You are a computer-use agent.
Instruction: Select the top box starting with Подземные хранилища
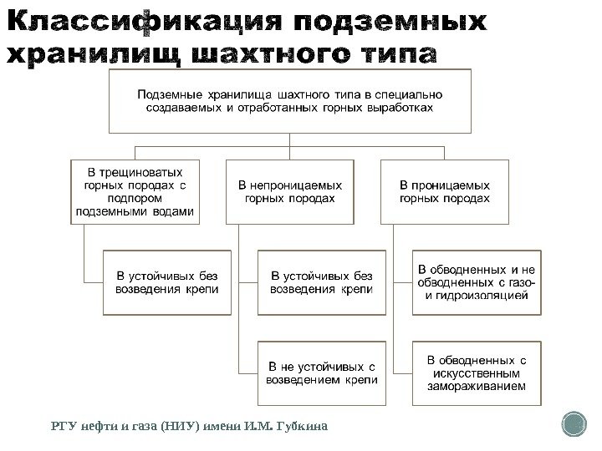pyautogui.click(x=290, y=101)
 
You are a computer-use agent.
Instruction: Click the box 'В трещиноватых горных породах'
pyautogui.click(x=134, y=190)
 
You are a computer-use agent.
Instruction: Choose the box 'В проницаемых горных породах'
pyautogui.click(x=444, y=191)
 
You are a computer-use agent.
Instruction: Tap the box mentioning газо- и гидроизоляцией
pyautogui.click(x=476, y=282)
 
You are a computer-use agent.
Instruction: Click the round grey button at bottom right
pyautogui.click(x=575, y=425)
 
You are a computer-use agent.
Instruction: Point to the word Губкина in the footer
pyautogui.click(x=301, y=427)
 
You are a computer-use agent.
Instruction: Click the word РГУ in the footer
pyautogui.click(x=64, y=427)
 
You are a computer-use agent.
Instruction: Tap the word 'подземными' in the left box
pyautogui.click(x=112, y=212)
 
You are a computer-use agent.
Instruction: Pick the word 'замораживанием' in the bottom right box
pyautogui.click(x=476, y=387)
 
